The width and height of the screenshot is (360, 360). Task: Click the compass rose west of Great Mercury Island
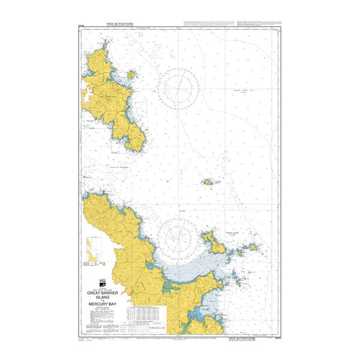point(181,235)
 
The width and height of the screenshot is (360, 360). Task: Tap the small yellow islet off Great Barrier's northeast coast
point(130,76)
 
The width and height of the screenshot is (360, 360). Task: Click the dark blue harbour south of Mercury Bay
point(197,315)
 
